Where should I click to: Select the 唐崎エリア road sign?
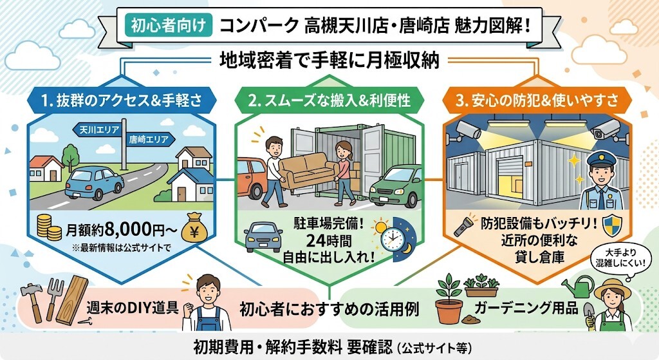pos(147,138)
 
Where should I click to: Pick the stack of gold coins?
pos(44,227)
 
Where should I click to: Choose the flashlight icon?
pos(465,227)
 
